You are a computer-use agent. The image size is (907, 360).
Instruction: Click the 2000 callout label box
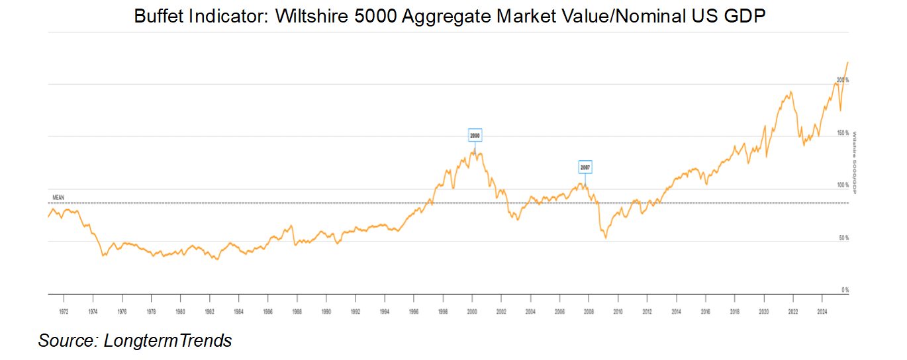tap(475, 136)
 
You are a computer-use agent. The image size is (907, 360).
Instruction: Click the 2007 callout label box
tap(585, 167)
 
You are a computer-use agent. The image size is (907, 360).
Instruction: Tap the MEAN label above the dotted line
tap(58, 197)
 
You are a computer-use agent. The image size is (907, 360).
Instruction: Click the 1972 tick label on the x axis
tap(64, 310)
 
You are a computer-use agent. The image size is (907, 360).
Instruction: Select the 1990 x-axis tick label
tap(326, 310)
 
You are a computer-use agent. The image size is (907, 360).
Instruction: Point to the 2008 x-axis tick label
tap(588, 310)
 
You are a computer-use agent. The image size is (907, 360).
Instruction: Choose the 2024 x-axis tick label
tap(822, 310)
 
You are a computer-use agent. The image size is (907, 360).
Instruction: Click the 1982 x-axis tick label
tap(209, 310)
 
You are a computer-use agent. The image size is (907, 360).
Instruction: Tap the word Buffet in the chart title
tap(156, 16)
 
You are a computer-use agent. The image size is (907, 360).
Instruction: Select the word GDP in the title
tap(745, 16)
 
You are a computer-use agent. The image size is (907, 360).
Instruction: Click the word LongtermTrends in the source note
tap(167, 341)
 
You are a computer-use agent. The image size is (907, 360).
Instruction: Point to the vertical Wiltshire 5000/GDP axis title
tap(855, 163)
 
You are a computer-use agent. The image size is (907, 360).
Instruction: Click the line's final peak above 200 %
tap(848, 62)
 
